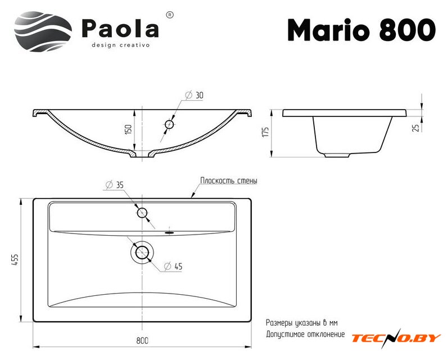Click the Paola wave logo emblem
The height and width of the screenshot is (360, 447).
pyautogui.click(x=43, y=31)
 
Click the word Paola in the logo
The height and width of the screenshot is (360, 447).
pyautogui.click(x=120, y=28)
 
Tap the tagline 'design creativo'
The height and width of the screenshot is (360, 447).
pyautogui.click(x=120, y=45)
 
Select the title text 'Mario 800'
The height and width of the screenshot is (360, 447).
pyautogui.click(x=362, y=30)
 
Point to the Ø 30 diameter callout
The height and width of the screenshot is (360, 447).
pyautogui.click(x=194, y=95)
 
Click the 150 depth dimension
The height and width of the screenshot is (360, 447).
pyautogui.click(x=129, y=129)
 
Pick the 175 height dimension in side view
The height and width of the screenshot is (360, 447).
pyautogui.click(x=265, y=132)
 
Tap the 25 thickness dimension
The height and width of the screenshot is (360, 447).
pyautogui.click(x=417, y=128)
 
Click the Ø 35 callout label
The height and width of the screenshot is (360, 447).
pyautogui.click(x=114, y=185)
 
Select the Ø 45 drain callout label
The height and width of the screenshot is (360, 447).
pyautogui.click(x=173, y=267)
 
